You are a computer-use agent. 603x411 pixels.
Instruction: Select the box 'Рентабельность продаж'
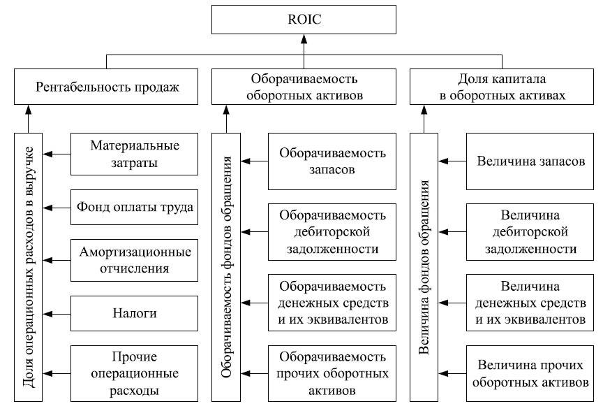coord(107,87)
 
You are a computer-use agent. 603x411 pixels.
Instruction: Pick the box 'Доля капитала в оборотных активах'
coord(502,87)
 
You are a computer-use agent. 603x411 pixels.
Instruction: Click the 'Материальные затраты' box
coord(134,154)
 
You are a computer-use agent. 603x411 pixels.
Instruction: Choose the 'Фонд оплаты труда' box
coord(134,207)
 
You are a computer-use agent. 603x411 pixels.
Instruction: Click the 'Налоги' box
coord(134,312)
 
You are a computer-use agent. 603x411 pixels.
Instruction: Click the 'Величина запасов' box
coord(530,161)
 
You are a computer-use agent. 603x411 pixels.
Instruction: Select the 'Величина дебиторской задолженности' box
coord(530,230)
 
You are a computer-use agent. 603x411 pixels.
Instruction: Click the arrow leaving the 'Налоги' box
coord(57,312)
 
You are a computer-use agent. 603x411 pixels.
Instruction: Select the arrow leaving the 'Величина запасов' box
coord(452,161)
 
